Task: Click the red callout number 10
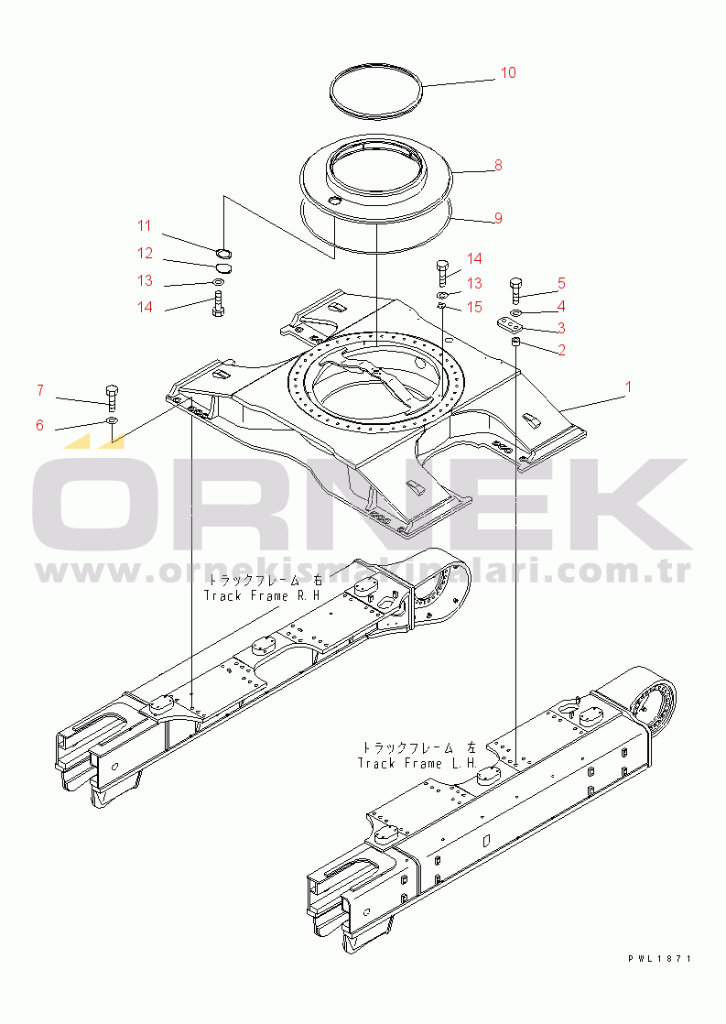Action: pos(508,72)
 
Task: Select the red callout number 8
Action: pos(498,165)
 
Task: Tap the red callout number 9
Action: pos(498,217)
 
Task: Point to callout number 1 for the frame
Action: pos(628,387)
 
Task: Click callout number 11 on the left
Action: pos(145,226)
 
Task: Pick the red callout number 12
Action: pos(145,254)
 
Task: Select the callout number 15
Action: pos(474,307)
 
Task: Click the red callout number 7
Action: pos(40,390)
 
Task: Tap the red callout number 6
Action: pos(40,426)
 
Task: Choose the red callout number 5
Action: pos(561,283)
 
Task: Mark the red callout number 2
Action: pos(561,350)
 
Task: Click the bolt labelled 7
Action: pos(111,397)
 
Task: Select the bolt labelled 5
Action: pos(515,290)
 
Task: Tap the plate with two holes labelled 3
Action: pos(508,324)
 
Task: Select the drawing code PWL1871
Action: pos(659,959)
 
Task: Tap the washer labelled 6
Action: pos(112,419)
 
